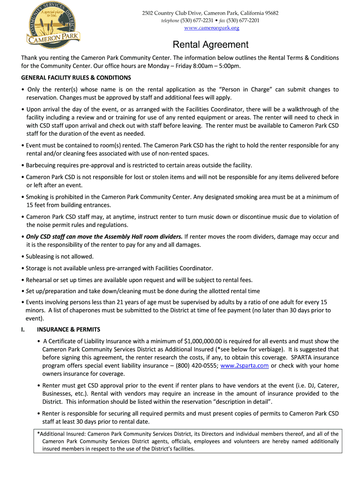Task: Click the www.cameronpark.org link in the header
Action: (x=211, y=28)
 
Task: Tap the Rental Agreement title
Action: (x=211, y=45)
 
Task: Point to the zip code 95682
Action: (x=269, y=13)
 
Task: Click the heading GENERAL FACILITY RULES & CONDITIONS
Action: (x=76, y=78)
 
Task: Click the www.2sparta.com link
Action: (x=244, y=366)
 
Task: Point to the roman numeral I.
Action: (x=23, y=329)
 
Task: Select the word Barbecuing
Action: (x=41, y=165)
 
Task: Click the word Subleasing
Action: (x=41, y=256)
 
